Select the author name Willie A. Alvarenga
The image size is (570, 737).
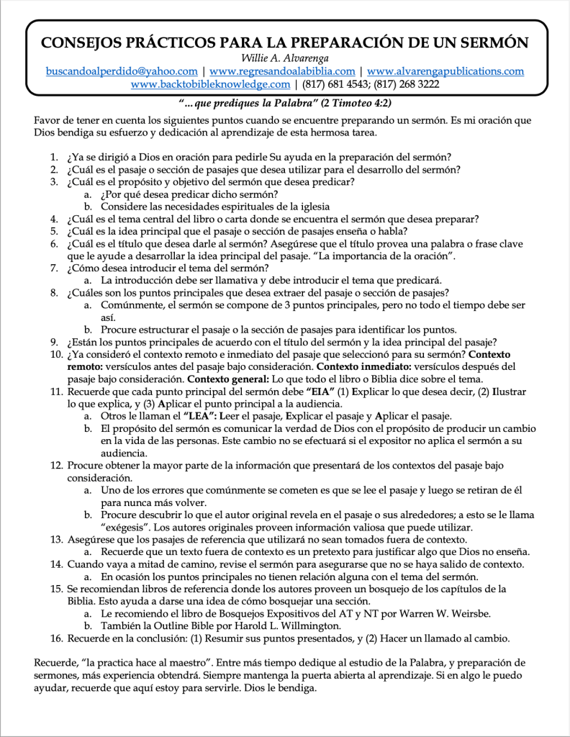(x=285, y=58)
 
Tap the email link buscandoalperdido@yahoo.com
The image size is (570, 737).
(x=122, y=71)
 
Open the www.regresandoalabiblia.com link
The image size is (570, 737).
(x=282, y=71)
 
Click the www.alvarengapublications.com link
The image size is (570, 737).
(x=445, y=71)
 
